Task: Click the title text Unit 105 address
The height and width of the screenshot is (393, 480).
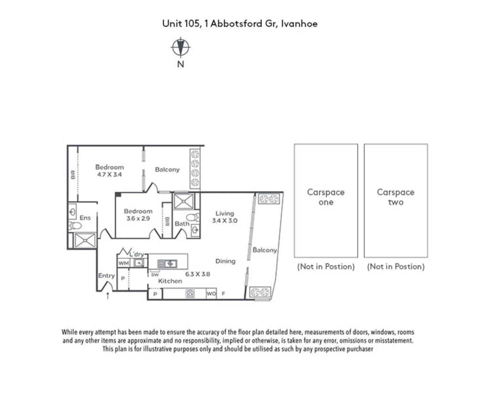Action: (240, 24)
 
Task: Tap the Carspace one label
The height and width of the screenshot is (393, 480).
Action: (326, 197)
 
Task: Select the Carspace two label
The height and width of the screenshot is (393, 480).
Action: (396, 197)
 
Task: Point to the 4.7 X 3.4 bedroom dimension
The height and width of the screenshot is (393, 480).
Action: (109, 175)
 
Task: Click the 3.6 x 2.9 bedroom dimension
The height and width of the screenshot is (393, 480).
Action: (138, 219)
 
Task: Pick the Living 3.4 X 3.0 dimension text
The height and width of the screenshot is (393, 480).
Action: (225, 221)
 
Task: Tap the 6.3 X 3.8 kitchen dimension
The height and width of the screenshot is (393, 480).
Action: (197, 274)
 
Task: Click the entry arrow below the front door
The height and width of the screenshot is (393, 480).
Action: (107, 296)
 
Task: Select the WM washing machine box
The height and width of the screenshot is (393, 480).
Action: (123, 263)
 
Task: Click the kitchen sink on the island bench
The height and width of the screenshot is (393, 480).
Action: (167, 263)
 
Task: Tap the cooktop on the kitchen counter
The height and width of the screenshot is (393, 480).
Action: (190, 293)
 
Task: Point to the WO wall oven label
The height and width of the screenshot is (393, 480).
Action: (211, 294)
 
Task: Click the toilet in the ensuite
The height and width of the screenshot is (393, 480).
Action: (75, 226)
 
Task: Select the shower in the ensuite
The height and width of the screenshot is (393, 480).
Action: (84, 241)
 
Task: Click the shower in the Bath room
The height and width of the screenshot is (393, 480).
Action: (184, 201)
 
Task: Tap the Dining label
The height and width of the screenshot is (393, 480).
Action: (225, 261)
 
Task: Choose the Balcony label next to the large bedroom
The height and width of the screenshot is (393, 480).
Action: (167, 170)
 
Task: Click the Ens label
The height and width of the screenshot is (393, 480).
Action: (85, 218)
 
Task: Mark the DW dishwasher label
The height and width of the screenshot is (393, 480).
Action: (155, 274)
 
